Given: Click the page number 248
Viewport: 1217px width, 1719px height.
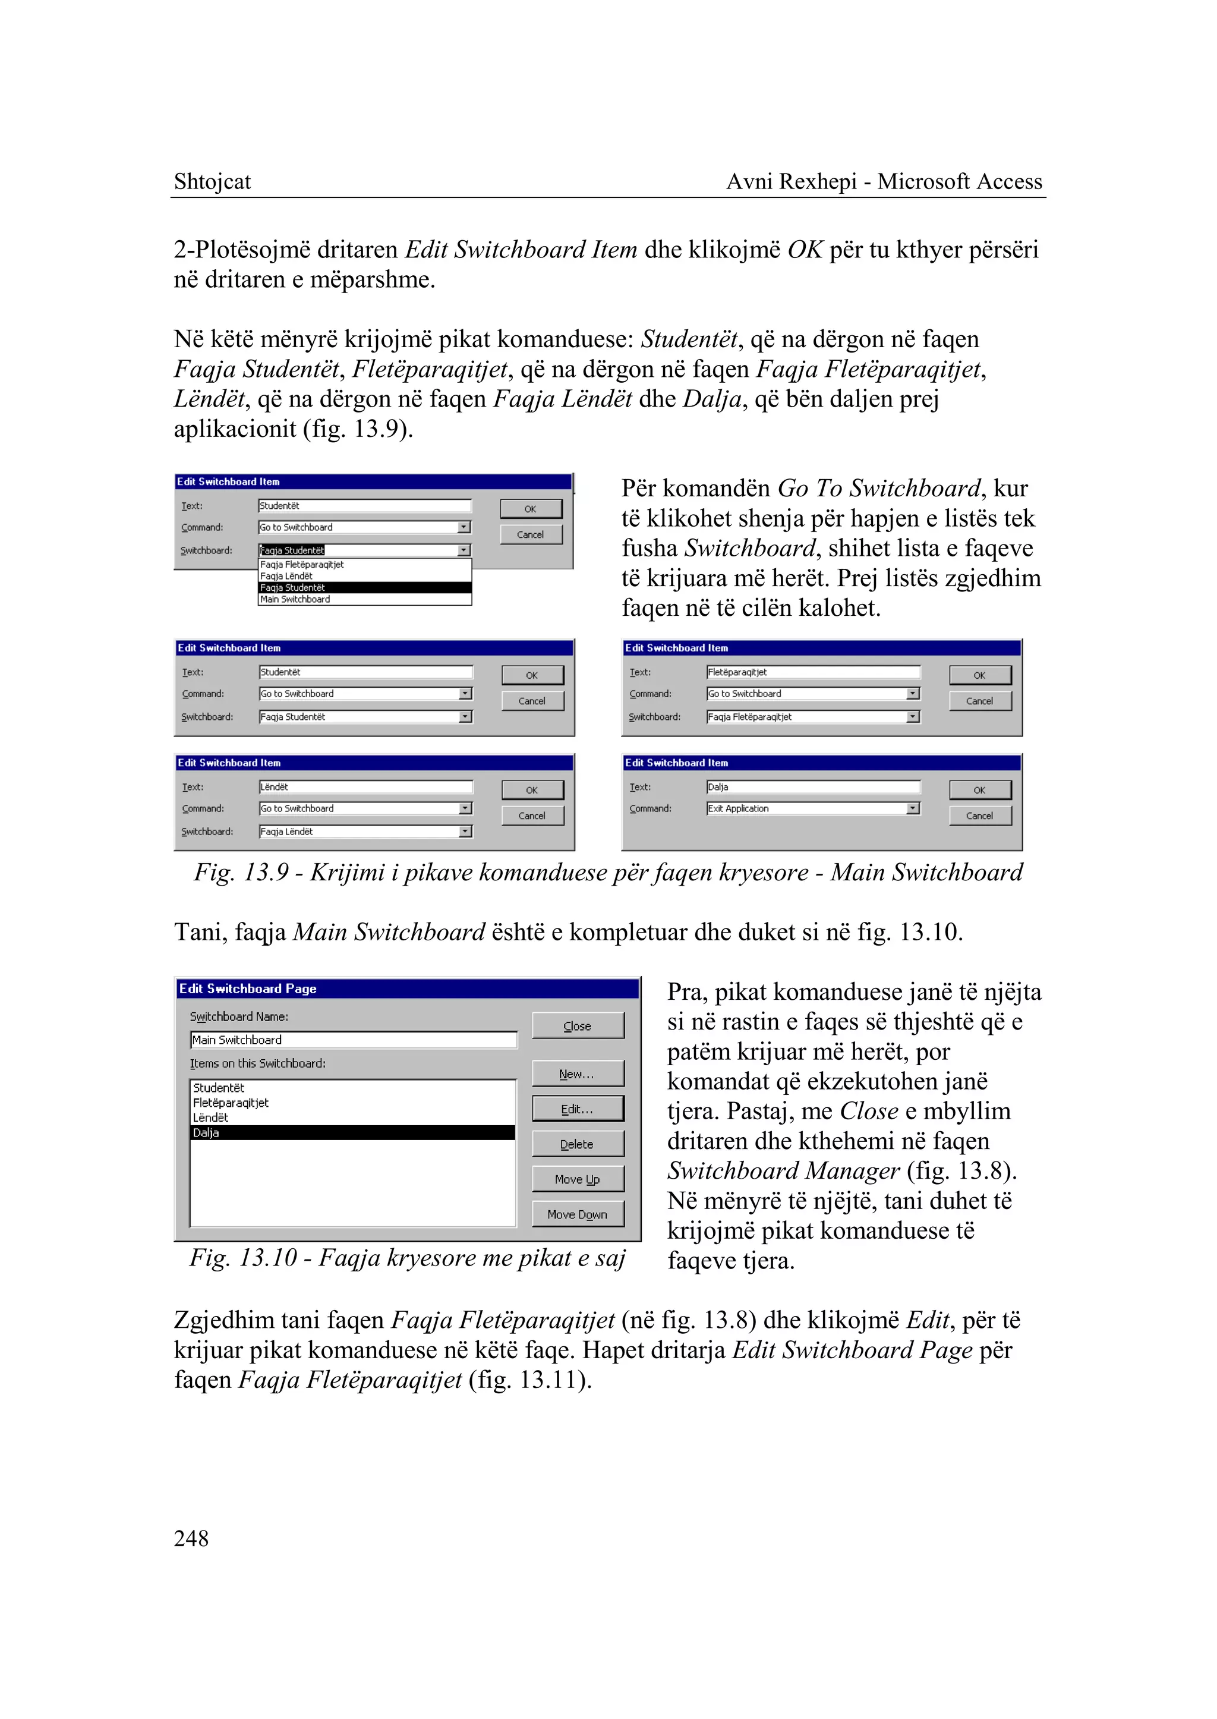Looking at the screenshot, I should [191, 1538].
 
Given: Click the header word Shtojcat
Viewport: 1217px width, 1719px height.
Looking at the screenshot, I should [212, 181].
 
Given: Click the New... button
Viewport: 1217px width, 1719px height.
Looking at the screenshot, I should [577, 1073].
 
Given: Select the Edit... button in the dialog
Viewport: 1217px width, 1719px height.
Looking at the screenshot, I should [577, 1109].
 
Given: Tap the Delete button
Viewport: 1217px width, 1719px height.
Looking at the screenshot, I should [577, 1144].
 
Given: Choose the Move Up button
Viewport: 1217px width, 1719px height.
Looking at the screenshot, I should [577, 1179].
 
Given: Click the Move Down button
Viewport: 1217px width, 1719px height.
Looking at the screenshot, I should [577, 1214].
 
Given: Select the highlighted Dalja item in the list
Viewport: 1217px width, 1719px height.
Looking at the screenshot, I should [352, 1133].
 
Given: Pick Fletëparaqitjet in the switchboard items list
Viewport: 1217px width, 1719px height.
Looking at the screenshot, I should [231, 1103].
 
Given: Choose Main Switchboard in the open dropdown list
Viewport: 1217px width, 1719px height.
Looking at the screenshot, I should [295, 599].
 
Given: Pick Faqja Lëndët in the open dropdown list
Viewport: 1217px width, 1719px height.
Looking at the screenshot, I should [286, 576].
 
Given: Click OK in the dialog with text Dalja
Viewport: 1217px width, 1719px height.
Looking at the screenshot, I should [979, 790].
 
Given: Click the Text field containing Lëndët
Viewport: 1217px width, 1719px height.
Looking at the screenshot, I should [365, 787].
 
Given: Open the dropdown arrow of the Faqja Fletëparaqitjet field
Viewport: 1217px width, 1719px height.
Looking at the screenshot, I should [913, 717].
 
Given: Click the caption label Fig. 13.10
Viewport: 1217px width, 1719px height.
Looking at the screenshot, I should [244, 1258].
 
